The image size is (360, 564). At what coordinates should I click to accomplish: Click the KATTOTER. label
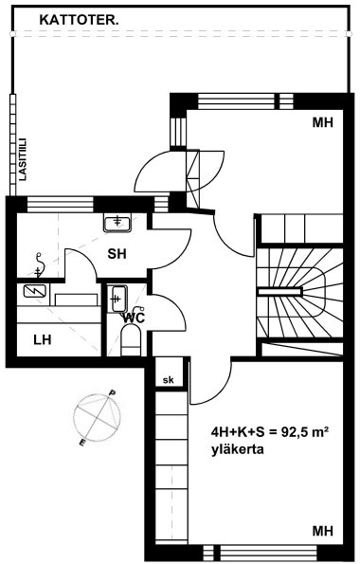pyautogui.click(x=80, y=20)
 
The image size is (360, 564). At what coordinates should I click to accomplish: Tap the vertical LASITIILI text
pyautogui.click(x=24, y=158)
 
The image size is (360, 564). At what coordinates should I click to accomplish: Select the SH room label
pyautogui.click(x=117, y=254)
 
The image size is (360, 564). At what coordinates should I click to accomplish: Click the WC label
pyautogui.click(x=134, y=318)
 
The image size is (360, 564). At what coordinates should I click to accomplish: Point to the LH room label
pyautogui.click(x=43, y=339)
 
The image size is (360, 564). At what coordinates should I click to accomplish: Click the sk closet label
pyautogui.click(x=168, y=380)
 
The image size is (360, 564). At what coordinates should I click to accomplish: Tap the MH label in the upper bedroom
pyautogui.click(x=323, y=122)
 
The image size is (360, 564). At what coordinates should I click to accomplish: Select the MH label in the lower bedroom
pyautogui.click(x=323, y=531)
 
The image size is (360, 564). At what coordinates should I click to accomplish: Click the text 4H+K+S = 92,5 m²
pyautogui.click(x=270, y=432)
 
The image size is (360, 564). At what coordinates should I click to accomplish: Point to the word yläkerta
pyautogui.click(x=238, y=449)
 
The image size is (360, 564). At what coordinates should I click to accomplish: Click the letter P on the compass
pyautogui.click(x=112, y=392)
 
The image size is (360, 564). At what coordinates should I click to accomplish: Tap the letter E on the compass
pyautogui.click(x=82, y=443)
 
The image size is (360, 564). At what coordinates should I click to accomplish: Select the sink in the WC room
pyautogui.click(x=119, y=299)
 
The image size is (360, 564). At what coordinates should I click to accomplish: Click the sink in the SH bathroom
pyautogui.click(x=117, y=224)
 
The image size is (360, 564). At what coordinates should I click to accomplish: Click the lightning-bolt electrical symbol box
pyautogui.click(x=34, y=291)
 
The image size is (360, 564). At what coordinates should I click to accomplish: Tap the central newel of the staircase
pyautogui.click(x=280, y=292)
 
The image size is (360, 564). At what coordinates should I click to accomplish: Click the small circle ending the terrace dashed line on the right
pyautogui.click(x=349, y=33)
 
